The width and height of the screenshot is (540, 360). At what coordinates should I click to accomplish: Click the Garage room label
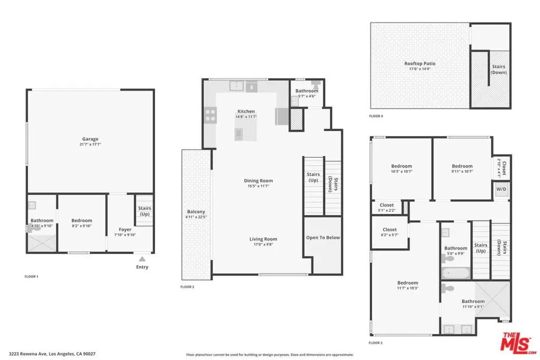point(90,139)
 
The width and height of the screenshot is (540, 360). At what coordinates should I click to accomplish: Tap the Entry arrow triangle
point(142,259)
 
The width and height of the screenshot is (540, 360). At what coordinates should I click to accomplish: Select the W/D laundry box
point(501,190)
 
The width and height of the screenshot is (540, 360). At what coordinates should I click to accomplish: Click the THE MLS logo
point(518,343)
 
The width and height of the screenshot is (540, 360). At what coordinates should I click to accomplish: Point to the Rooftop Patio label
point(420,64)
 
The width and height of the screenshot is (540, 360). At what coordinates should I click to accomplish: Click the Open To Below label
point(323,238)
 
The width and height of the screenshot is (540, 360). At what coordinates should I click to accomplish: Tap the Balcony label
point(196,212)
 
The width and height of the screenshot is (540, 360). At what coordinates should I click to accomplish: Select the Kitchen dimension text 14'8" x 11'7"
point(246,116)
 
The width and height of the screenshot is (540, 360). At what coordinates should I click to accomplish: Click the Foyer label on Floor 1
point(125,230)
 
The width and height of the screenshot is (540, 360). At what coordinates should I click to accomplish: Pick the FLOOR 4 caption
point(376,116)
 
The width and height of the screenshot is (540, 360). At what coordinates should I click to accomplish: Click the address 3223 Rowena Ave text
point(28,354)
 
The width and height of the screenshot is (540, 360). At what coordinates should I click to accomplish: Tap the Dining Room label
point(258,181)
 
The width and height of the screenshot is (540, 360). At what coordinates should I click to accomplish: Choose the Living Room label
point(263,239)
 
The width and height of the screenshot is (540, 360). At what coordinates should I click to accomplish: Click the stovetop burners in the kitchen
point(210,115)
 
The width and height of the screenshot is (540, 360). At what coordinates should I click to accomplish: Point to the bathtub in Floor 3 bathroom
point(456,273)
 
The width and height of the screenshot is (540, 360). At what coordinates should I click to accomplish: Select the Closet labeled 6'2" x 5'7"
point(390,230)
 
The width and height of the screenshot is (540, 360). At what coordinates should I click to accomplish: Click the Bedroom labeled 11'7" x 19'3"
point(408,283)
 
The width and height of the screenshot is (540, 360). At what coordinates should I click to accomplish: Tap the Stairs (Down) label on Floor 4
point(499,70)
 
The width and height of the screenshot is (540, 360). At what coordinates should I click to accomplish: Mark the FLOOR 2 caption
point(187,287)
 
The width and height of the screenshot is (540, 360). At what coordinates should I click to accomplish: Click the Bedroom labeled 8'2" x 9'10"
point(82,221)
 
